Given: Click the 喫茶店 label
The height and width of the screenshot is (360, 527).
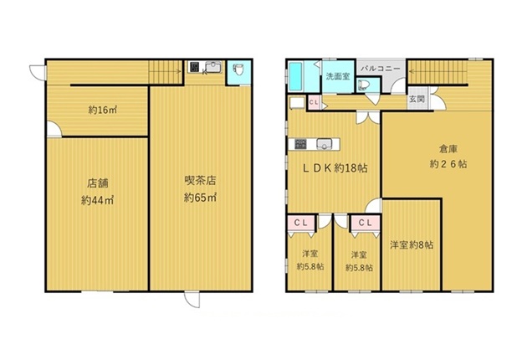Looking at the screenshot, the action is point(200,181).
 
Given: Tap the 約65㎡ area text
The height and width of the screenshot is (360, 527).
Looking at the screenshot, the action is point(200,198).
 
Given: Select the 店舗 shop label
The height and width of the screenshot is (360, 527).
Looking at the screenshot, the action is point(98,183).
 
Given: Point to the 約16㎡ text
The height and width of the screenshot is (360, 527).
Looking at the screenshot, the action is point(103,110).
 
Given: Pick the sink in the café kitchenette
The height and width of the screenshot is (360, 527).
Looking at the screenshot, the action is point(213,67).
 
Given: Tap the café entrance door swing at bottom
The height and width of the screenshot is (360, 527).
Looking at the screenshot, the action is point(192,300).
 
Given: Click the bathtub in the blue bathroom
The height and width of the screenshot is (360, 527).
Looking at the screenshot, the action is point(296,76).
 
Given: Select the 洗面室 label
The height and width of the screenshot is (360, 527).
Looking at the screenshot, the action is point(338,76).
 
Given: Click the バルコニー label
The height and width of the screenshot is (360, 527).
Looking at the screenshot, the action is point(381,69).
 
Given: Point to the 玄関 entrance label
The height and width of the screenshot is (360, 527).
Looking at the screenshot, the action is point(417,99).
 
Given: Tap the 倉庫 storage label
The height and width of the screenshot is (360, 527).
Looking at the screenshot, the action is point(448,148).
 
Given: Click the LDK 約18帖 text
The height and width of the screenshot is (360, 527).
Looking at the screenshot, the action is point(335,168).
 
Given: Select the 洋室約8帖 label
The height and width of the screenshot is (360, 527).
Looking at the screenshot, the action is point(412,244).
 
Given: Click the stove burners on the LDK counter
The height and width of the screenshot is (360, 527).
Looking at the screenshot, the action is point(300,144).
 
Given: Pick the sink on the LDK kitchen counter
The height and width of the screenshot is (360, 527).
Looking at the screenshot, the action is point(324,144).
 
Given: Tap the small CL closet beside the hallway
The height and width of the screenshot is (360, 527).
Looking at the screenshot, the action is point(314,102).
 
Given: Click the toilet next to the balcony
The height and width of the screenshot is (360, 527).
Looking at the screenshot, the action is point(363,85).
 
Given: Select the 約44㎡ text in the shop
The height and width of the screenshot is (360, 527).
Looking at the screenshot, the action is point(98,200).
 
